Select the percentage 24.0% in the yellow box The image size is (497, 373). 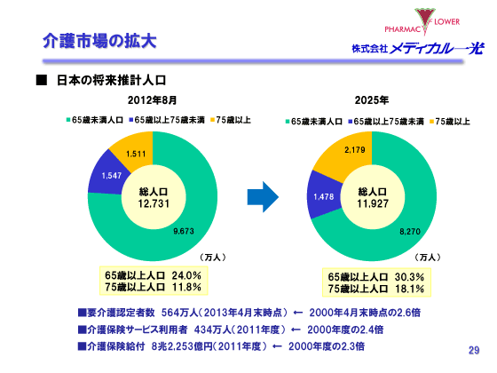coord(186,275)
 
